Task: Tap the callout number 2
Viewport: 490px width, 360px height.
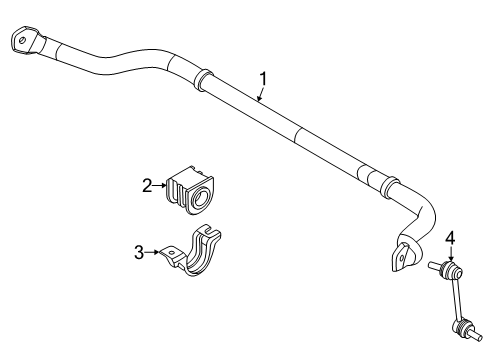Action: click(x=146, y=184)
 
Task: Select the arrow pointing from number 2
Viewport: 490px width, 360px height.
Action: click(x=160, y=184)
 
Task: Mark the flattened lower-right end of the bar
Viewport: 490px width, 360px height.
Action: click(x=402, y=257)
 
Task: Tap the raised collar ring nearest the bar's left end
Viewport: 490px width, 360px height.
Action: click(x=202, y=77)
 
